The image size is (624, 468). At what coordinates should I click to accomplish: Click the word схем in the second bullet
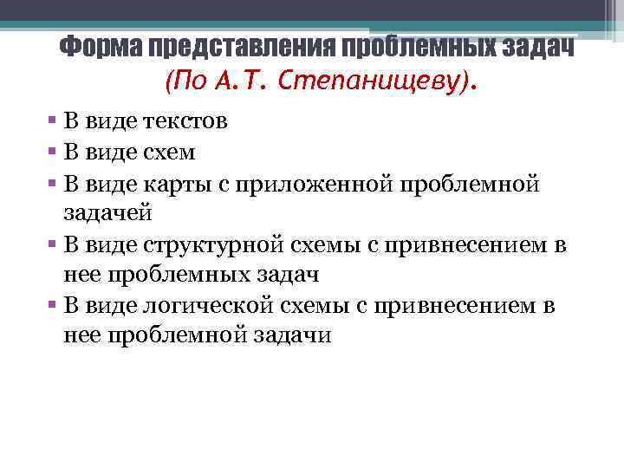tap(169, 153)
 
